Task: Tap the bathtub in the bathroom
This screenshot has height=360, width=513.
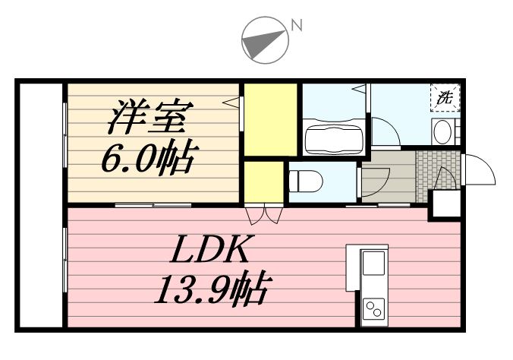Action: (x=332, y=140)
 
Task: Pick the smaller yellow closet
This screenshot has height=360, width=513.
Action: (x=264, y=182)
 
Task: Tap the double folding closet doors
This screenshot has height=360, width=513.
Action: (x=266, y=214)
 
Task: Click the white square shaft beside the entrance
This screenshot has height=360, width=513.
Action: (x=445, y=204)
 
